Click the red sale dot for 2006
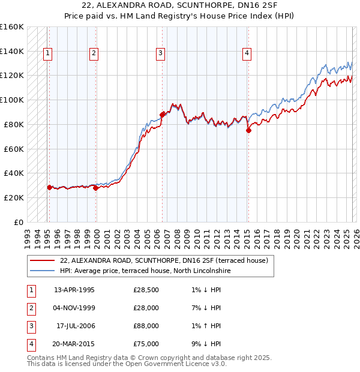click(x=162, y=114)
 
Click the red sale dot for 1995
click(x=49, y=187)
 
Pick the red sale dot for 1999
click(x=95, y=188)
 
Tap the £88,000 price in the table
click(x=146, y=326)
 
